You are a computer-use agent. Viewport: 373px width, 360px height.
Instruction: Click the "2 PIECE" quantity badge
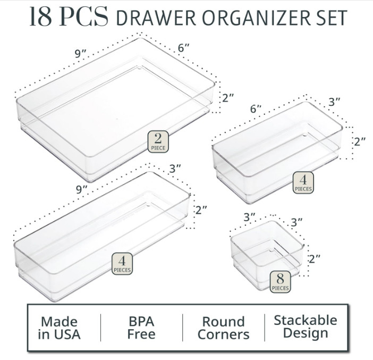click(158, 141)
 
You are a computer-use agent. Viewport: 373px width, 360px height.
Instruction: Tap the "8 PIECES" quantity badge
click(280, 282)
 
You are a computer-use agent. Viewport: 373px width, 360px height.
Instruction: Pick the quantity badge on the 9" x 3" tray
click(122, 264)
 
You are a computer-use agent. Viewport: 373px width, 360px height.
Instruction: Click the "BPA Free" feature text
click(141, 328)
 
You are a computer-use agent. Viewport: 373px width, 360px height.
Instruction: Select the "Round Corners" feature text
click(223, 328)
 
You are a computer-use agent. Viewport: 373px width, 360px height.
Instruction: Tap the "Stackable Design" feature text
click(305, 327)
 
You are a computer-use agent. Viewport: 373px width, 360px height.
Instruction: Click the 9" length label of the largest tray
click(81, 54)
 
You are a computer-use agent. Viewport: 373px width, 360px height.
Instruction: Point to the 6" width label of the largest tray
click(184, 47)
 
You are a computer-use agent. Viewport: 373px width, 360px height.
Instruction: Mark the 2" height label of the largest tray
click(227, 98)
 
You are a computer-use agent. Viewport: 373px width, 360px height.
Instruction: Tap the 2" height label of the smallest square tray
click(315, 259)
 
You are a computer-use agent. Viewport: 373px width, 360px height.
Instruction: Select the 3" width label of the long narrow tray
click(175, 169)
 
